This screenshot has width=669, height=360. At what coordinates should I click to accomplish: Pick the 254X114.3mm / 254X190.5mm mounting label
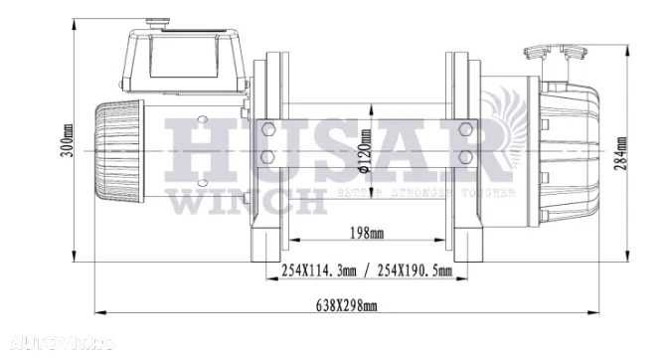coord(367,270)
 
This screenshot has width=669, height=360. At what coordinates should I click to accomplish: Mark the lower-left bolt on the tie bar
coord(266,158)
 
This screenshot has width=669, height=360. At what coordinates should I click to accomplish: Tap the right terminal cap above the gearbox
coord(575,54)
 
